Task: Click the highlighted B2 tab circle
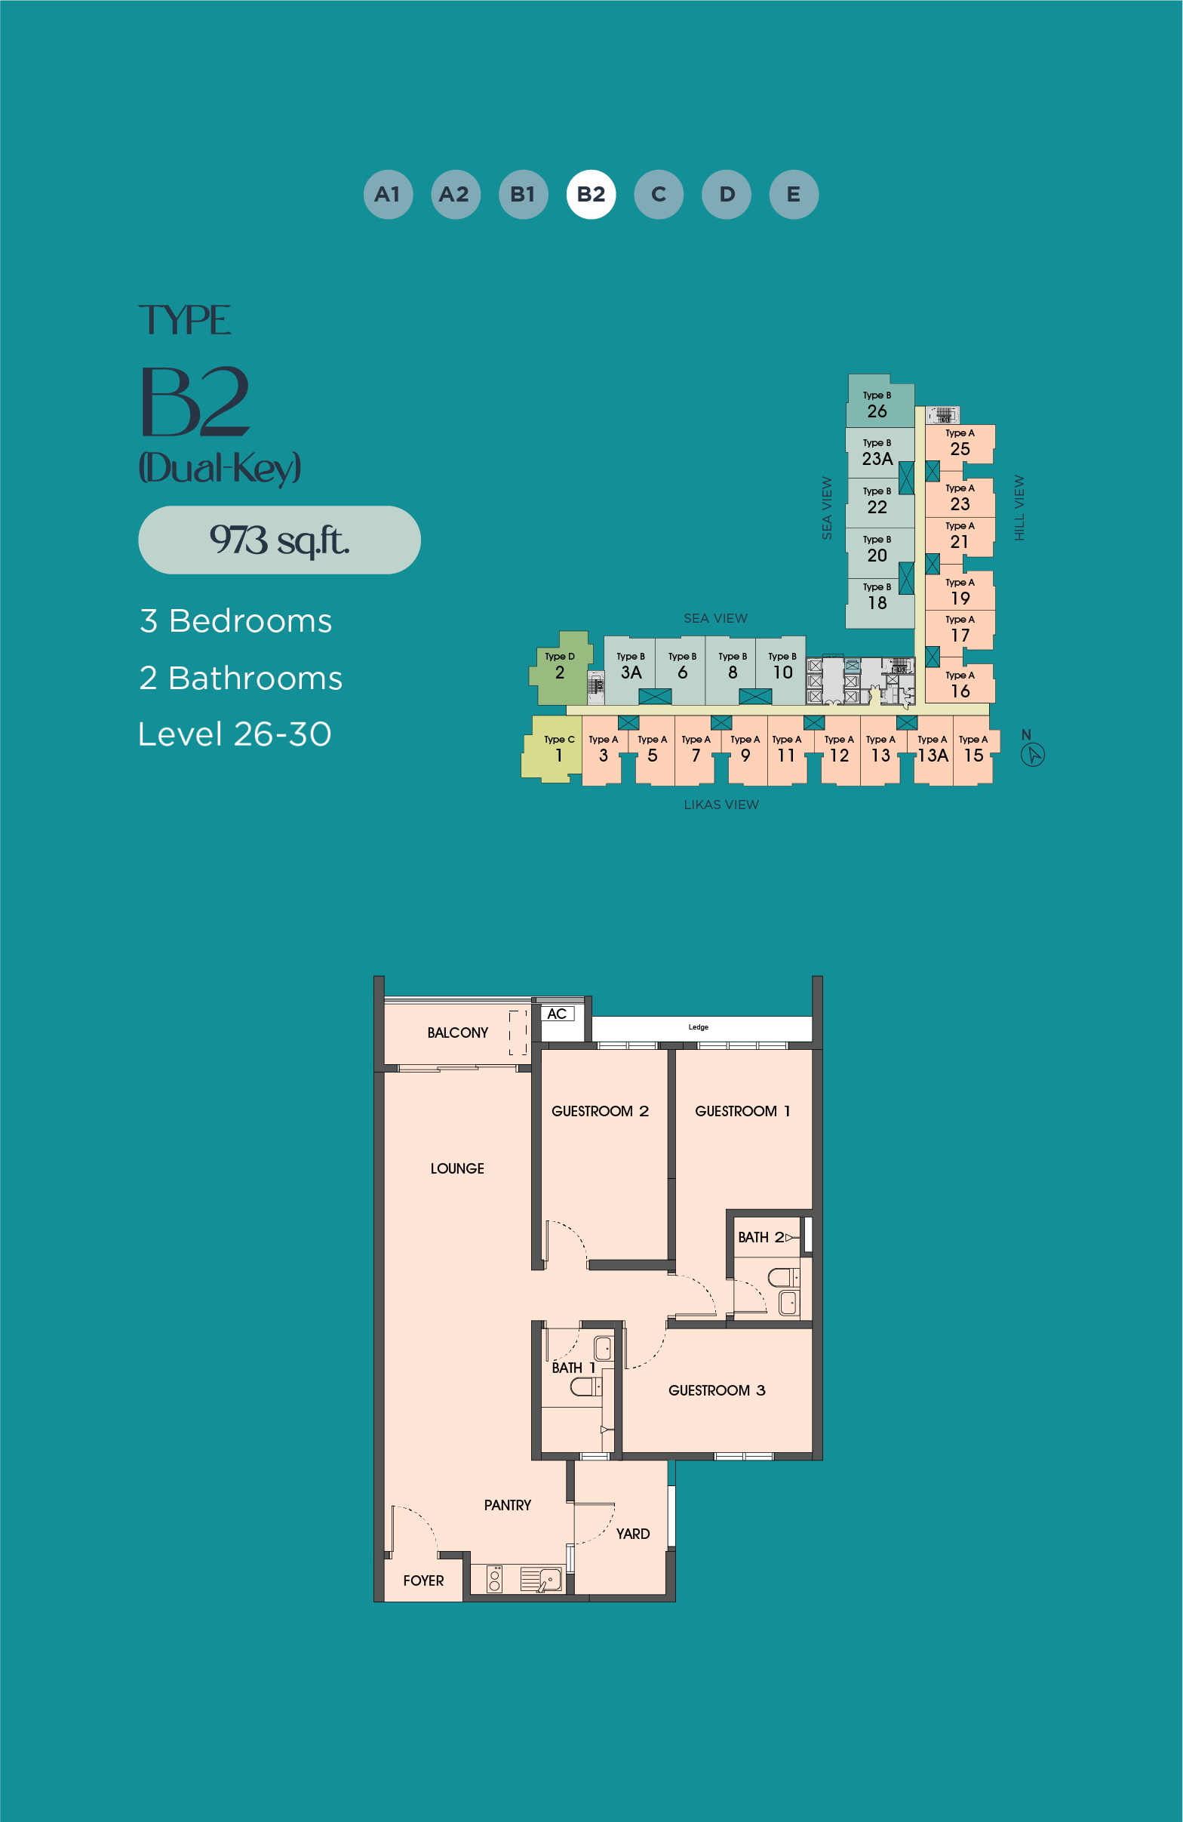[591, 195]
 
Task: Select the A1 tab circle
[388, 195]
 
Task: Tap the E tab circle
[794, 195]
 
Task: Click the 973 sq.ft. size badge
[279, 540]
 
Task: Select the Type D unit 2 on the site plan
[561, 667]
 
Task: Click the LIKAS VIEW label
[721, 805]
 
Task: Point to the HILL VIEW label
[1019, 507]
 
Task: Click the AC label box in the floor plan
[557, 1014]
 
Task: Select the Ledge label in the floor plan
[699, 1027]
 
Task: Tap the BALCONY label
[458, 1033]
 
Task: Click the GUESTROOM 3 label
[717, 1390]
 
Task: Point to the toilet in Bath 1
[586, 1387]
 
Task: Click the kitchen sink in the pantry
[541, 1579]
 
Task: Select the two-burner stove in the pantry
[495, 1579]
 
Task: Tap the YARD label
[633, 1534]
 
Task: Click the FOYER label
[423, 1580]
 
